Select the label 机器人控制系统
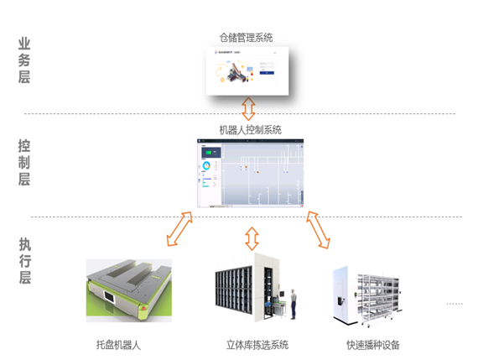point(250,130)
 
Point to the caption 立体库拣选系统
point(257,345)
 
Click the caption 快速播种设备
point(373,345)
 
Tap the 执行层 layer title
point(24,261)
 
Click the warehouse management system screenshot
point(249,71)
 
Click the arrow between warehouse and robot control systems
point(249,108)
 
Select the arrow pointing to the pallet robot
point(179,229)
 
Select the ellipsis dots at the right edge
point(455,303)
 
